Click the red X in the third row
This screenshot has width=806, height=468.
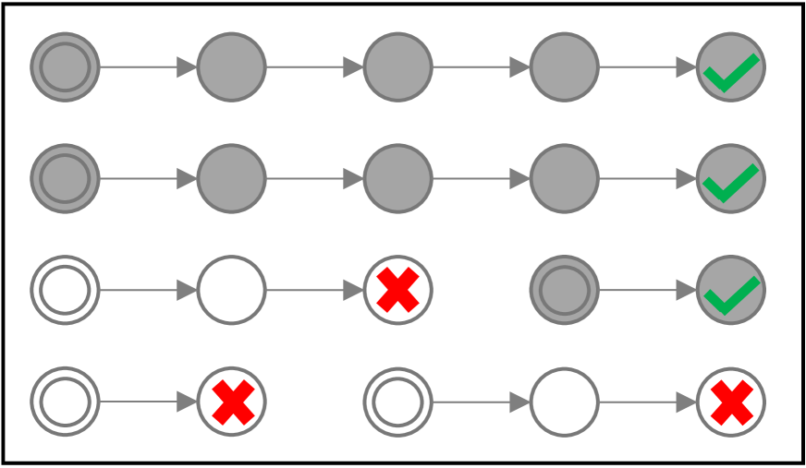click(397, 291)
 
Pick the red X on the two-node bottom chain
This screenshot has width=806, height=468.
click(232, 402)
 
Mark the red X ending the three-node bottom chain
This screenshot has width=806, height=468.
click(730, 402)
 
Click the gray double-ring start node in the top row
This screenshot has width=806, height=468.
click(65, 67)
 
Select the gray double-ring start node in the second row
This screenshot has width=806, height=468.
click(65, 179)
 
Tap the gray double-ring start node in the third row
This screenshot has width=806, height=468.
click(564, 291)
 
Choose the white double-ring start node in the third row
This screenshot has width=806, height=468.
click(65, 291)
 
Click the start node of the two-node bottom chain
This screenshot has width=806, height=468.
click(65, 402)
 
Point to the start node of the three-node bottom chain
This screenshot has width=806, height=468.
click(397, 402)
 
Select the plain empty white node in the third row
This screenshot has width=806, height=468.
click(231, 291)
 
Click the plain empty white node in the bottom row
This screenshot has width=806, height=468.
click(564, 402)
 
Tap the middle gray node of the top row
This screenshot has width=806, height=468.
click(397, 67)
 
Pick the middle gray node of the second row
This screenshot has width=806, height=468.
click(397, 179)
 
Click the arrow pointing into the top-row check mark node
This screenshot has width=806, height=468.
click(647, 67)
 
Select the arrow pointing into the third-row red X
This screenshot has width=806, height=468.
click(314, 291)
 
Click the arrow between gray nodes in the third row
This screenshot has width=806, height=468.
click(647, 291)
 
